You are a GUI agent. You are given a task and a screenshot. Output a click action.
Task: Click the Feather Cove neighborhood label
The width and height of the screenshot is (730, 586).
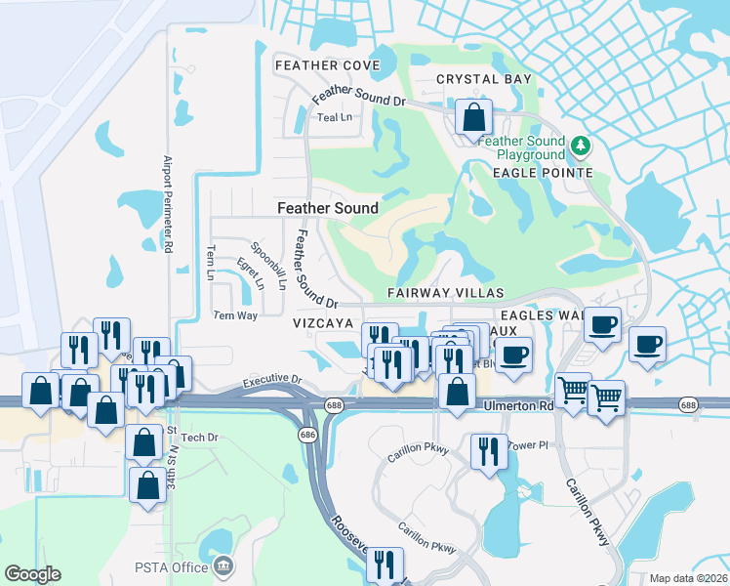(327, 65)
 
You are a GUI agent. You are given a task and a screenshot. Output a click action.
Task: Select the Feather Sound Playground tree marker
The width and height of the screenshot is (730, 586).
(582, 146)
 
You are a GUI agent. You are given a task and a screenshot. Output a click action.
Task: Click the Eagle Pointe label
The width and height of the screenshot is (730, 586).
(544, 173)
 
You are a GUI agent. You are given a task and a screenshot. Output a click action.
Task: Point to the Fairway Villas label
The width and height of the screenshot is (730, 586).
(445, 293)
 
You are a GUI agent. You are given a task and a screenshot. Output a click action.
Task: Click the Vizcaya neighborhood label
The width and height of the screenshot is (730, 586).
(322, 320)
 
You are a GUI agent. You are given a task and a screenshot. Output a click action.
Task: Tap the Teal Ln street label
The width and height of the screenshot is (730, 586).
(334, 117)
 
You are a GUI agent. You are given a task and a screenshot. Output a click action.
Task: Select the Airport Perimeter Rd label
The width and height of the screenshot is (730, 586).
(168, 205)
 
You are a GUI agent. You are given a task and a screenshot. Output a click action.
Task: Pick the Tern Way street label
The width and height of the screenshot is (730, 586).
(235, 315)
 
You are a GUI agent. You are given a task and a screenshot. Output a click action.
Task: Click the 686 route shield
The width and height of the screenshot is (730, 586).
(308, 433)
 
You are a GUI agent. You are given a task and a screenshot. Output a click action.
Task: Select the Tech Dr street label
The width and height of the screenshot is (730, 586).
(199, 438)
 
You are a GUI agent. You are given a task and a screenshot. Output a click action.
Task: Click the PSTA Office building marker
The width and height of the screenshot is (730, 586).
(223, 566)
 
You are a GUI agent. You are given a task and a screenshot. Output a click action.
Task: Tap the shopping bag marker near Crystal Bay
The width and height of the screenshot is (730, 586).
(473, 118)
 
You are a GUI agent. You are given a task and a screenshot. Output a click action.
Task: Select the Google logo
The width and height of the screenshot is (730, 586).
(32, 574)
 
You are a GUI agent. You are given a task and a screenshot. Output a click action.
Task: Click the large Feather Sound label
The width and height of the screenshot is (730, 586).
(328, 208)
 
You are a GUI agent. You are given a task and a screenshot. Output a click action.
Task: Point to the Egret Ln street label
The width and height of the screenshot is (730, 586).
(251, 274)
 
